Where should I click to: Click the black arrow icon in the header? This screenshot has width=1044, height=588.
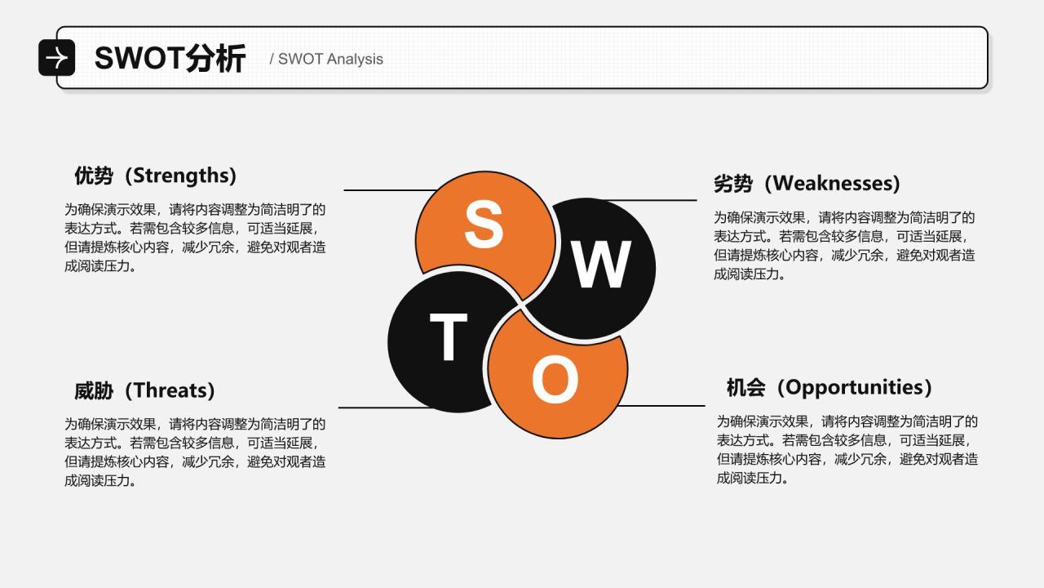click(57, 58)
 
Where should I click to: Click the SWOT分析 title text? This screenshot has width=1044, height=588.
click(170, 58)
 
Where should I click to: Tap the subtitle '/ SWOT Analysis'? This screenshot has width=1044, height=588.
click(326, 60)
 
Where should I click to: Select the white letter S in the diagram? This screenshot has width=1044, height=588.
click(484, 224)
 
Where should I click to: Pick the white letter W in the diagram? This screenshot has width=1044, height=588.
click(601, 265)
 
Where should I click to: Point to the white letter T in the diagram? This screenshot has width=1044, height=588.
click(449, 336)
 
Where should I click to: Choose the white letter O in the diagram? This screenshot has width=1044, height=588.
click(555, 379)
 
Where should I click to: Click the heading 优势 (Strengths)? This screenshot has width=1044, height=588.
click(156, 176)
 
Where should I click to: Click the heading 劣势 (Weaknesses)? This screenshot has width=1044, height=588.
click(807, 184)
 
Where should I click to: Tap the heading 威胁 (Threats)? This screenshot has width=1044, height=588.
click(145, 390)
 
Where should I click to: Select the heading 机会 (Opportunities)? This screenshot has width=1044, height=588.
click(829, 388)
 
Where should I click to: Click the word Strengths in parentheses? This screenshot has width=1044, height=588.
click(181, 176)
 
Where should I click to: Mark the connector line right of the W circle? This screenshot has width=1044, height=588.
click(652, 200)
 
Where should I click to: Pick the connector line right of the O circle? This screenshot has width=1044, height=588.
click(661, 406)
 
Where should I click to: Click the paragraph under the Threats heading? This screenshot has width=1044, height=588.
click(195, 452)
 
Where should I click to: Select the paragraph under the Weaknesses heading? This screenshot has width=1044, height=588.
click(844, 246)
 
